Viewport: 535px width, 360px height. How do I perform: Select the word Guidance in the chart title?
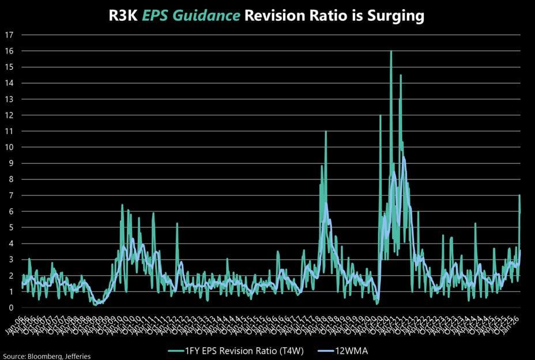[x=212, y=16]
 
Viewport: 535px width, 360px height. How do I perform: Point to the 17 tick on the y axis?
[x=9, y=35]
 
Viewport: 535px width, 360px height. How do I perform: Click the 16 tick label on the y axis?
[x=9, y=51]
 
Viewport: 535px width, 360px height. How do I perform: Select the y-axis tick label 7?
[x=9, y=195]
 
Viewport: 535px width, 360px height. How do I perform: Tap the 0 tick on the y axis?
[x=9, y=307]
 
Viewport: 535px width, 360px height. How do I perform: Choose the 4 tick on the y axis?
[x=9, y=243]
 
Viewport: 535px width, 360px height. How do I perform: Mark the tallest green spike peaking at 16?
[x=391, y=52]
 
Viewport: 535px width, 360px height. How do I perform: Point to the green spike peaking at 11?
[x=326, y=132]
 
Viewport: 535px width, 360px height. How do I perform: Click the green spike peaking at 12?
[x=380, y=116]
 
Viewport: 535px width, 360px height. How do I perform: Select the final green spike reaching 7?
[x=519, y=196]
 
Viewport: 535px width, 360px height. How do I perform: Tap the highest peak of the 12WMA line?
[x=404, y=157]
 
